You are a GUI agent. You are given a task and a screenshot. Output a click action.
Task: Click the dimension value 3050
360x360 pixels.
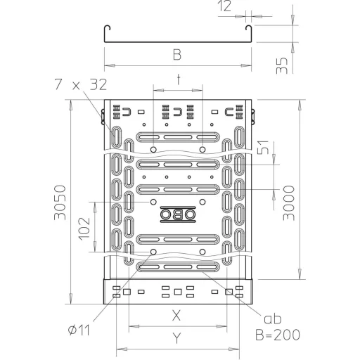[60, 202]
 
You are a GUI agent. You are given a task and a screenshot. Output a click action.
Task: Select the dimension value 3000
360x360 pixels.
[289, 203]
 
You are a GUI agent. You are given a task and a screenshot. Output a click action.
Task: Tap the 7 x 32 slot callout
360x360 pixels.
[81, 84]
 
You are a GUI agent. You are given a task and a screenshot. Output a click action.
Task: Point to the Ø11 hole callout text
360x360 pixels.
[79, 330]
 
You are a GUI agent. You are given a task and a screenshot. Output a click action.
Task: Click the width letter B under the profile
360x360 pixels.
[177, 55]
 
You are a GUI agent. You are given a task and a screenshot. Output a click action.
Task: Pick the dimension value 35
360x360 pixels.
[282, 65]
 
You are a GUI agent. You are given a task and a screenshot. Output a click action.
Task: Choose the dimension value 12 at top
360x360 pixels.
[224, 6]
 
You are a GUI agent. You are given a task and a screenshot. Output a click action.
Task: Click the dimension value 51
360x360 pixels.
[263, 147]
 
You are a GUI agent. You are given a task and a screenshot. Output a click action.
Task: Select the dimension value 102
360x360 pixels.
[84, 229]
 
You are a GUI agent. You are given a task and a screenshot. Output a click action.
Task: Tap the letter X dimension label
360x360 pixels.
[176, 315]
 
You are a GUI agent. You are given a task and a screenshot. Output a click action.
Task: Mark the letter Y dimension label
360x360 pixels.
[177, 338]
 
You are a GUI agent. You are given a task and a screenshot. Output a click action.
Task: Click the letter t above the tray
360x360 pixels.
[179, 79]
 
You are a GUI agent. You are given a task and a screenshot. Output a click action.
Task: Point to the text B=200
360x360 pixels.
[278, 335]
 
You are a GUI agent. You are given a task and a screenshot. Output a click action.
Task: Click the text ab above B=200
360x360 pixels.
[273, 319]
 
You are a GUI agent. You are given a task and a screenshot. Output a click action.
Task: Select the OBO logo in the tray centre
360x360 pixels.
[178, 214]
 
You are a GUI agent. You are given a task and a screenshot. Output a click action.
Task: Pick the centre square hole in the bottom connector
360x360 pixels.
[178, 292]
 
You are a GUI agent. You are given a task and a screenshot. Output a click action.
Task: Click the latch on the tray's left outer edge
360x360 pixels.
[103, 117]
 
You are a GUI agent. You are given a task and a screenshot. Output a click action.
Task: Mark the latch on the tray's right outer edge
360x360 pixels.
[252, 117]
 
